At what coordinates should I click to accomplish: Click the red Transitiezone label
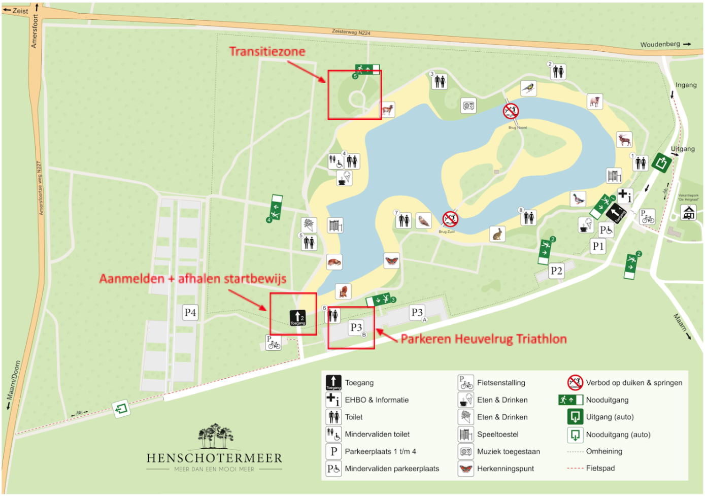pyautogui.click(x=267, y=51)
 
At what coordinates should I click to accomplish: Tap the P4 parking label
pyautogui.click(x=190, y=313)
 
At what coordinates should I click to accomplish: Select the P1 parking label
pyautogui.click(x=598, y=246)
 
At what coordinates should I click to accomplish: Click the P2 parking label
pyautogui.click(x=556, y=271)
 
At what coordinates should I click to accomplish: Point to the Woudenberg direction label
pyautogui.click(x=660, y=44)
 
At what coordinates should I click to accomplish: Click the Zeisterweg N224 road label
pyautogui.click(x=351, y=32)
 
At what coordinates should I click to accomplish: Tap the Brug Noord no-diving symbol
pyautogui.click(x=511, y=111)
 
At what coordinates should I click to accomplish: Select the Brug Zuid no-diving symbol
pyautogui.click(x=450, y=219)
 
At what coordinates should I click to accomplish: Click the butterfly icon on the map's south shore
pyautogui.click(x=391, y=260)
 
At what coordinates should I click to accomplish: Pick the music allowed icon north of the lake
pyautogui.click(x=468, y=106)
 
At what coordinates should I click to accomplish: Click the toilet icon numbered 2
pyautogui.click(x=558, y=72)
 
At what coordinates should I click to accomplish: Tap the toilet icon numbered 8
pyautogui.click(x=529, y=218)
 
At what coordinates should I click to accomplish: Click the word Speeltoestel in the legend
pyautogui.click(x=497, y=435)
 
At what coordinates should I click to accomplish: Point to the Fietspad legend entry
pyautogui.click(x=600, y=468)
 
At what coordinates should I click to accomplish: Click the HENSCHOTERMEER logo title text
pyautogui.click(x=214, y=458)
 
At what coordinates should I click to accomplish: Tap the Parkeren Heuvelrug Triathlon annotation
pyautogui.click(x=483, y=339)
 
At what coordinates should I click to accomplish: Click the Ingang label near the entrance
pyautogui.click(x=686, y=85)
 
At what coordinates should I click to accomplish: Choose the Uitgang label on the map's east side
pyautogui.click(x=683, y=149)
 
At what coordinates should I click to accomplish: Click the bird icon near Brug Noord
pyautogui.click(x=528, y=88)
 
